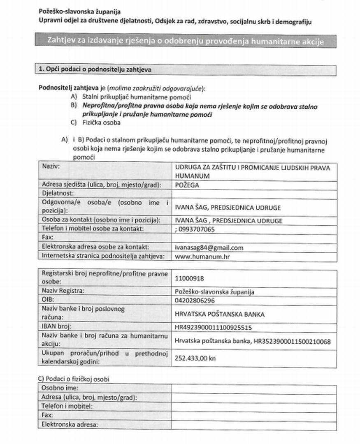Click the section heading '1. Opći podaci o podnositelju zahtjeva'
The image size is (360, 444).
click(95, 70)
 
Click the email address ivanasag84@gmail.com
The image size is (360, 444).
click(209, 247)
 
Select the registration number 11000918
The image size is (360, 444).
click(189, 278)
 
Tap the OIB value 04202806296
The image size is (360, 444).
click(195, 301)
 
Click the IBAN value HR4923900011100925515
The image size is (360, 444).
click(213, 327)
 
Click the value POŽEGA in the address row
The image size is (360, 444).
click(187, 185)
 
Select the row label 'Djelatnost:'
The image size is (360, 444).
click(58, 193)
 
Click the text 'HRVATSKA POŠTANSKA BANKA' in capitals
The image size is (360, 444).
click(219, 314)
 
